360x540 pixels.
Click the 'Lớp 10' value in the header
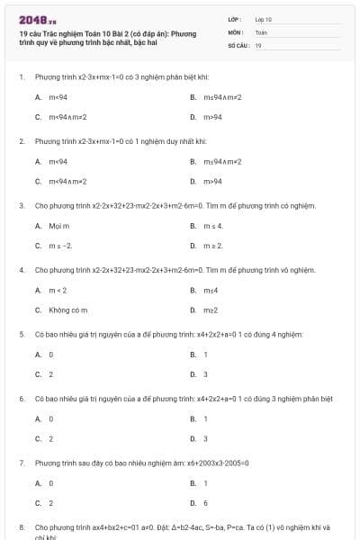coord(264,19)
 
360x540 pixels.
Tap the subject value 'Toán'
coord(261,31)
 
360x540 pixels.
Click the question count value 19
coord(258,44)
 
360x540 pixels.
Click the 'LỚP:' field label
coord(235,19)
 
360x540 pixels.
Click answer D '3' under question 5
coord(205,373)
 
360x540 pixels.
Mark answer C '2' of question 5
coord(50,373)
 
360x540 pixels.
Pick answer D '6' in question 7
coord(205,503)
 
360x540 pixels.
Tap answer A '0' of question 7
coord(50,483)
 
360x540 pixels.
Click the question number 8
coord(21,527)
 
